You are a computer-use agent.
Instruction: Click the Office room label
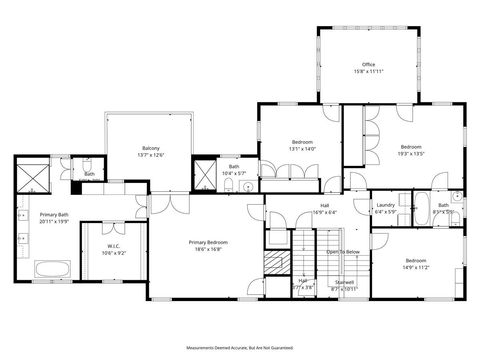(x=369, y=64)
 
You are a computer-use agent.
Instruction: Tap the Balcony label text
(x=150, y=148)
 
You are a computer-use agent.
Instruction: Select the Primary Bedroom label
(x=209, y=243)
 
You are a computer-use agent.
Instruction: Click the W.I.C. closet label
(x=114, y=246)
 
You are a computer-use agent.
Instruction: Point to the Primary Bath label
(x=54, y=215)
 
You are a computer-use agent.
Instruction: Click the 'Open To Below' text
(x=343, y=252)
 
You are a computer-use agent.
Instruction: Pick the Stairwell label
(x=344, y=282)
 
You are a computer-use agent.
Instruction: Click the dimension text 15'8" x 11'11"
(x=369, y=72)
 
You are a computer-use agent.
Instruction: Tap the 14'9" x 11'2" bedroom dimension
(x=415, y=268)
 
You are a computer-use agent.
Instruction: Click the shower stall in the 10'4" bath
(x=205, y=175)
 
